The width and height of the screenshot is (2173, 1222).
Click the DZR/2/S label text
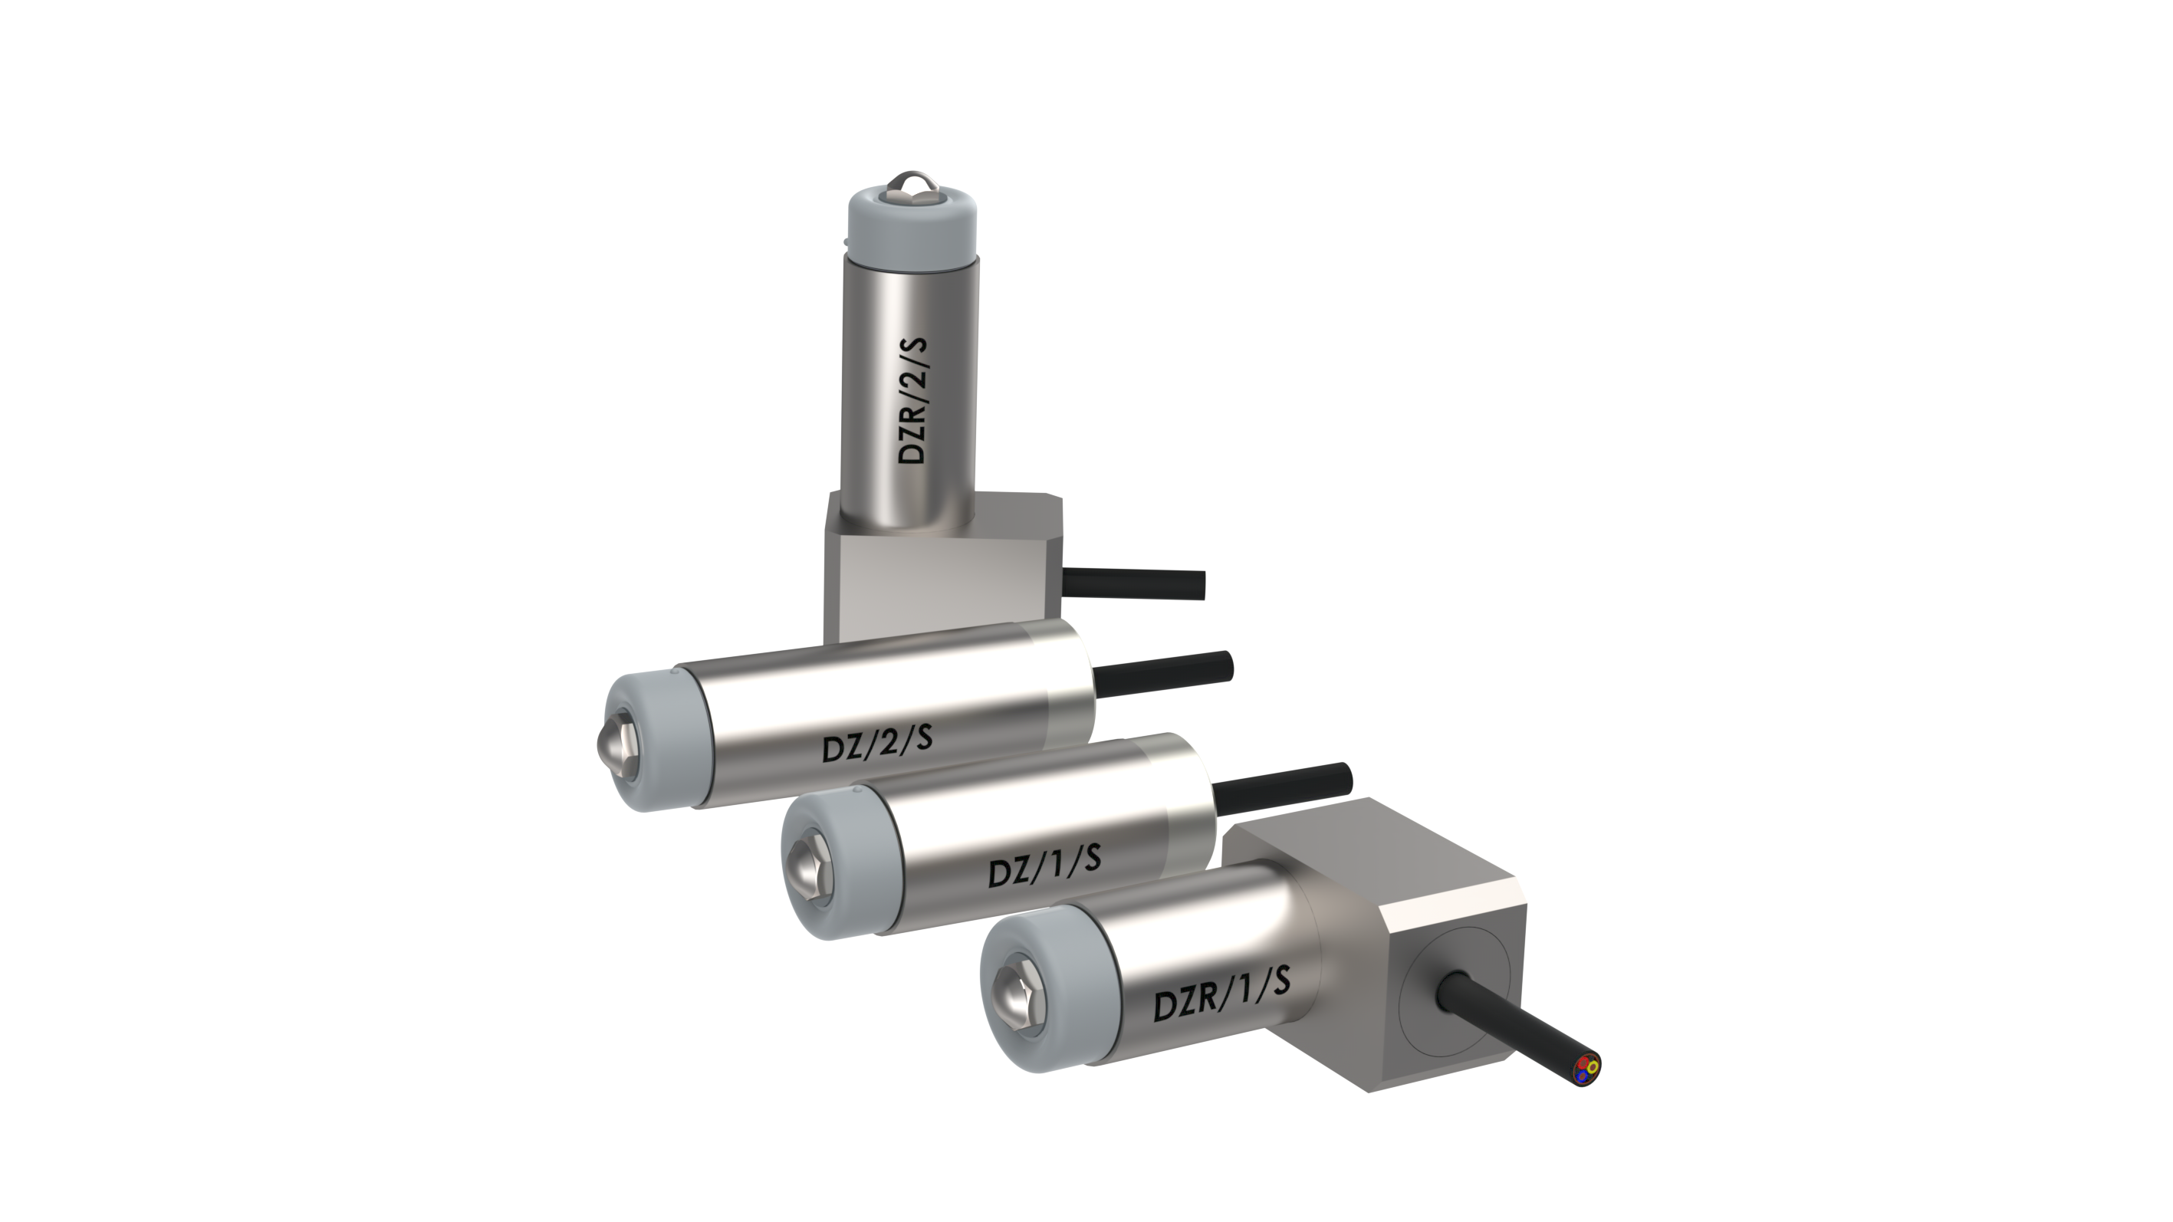[x=912, y=401]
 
